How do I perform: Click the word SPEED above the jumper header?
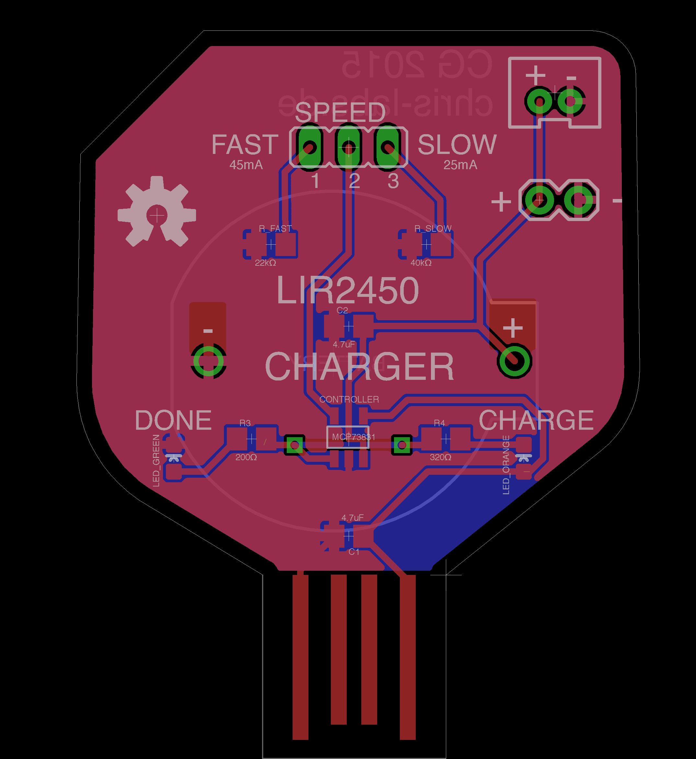pyautogui.click(x=340, y=112)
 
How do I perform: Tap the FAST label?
pyautogui.click(x=245, y=144)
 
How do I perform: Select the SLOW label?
pyautogui.click(x=457, y=144)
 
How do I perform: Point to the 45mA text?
pyautogui.click(x=246, y=165)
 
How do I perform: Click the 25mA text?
pyautogui.click(x=460, y=165)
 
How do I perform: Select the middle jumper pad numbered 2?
pyautogui.click(x=349, y=147)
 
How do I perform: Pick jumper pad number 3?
pyautogui.click(x=388, y=147)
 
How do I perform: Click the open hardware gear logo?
pyautogui.click(x=157, y=212)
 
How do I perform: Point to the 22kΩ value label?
pyautogui.click(x=265, y=263)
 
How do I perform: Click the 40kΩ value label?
pyautogui.click(x=421, y=263)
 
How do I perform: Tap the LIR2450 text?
pyautogui.click(x=347, y=290)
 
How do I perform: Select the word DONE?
pyautogui.click(x=173, y=420)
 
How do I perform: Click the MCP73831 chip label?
pyautogui.click(x=353, y=437)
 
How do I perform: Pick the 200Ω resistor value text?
pyautogui.click(x=246, y=457)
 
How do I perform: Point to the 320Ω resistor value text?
pyautogui.click(x=440, y=457)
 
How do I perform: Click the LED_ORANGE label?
pyautogui.click(x=506, y=465)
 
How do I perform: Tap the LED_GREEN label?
pyautogui.click(x=156, y=460)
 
